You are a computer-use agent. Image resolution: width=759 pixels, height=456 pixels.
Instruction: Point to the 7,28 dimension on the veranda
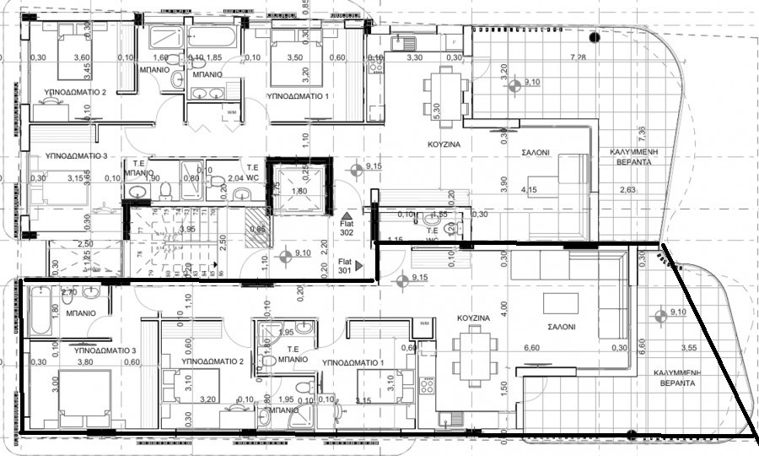coord(578,57)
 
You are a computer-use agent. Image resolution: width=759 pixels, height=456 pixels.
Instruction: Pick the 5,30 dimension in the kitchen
coord(425,109)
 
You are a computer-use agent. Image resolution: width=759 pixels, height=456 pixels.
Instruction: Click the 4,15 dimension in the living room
coord(530,189)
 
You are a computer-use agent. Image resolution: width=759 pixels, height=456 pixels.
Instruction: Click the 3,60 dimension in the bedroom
coord(82,57)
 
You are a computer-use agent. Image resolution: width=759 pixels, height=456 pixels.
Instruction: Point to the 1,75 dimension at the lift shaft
coord(274,190)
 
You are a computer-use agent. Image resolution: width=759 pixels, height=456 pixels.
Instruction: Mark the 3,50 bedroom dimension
coord(294,57)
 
